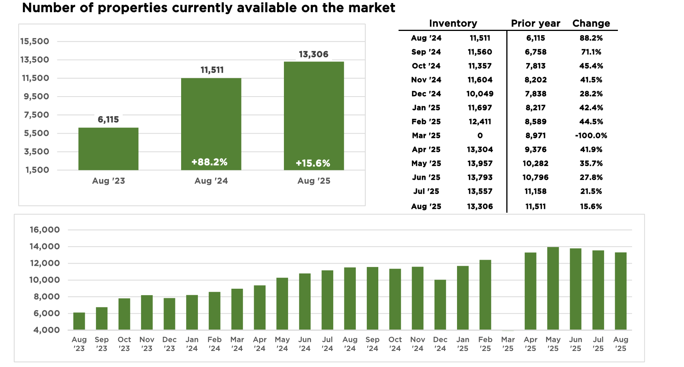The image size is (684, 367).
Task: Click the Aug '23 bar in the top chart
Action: (108, 149)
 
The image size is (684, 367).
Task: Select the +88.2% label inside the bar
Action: (209, 162)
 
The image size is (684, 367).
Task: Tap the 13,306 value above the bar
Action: (313, 54)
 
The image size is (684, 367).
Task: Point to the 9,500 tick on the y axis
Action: (36, 97)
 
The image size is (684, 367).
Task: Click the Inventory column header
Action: (453, 23)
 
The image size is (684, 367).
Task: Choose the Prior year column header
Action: (535, 23)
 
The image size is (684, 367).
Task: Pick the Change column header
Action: (591, 23)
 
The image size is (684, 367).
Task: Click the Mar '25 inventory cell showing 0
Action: (480, 136)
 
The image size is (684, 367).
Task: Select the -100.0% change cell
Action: (591, 136)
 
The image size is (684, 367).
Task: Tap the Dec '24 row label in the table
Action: (426, 94)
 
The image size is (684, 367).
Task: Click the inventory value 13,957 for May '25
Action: (480, 163)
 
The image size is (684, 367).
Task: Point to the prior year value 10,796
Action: (535, 178)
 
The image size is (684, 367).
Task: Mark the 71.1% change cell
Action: (591, 52)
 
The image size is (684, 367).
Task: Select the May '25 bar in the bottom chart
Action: (553, 288)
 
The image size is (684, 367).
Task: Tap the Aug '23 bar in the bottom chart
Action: (79, 321)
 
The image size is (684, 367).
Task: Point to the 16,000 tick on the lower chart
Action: (45, 230)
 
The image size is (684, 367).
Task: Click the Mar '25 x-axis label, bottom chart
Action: (508, 344)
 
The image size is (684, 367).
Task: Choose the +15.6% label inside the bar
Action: (313, 163)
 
